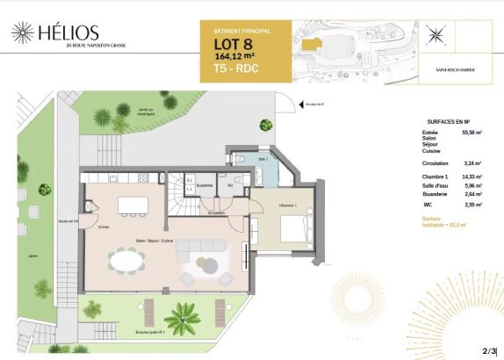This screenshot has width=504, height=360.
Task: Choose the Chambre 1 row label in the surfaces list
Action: pyautogui.click(x=436, y=177)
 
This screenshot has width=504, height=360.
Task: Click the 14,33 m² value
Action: pyautogui.click(x=473, y=177)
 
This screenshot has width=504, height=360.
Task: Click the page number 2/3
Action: pyautogui.click(x=490, y=349)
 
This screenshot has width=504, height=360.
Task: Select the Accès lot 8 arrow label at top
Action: pyautogui.click(x=310, y=104)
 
